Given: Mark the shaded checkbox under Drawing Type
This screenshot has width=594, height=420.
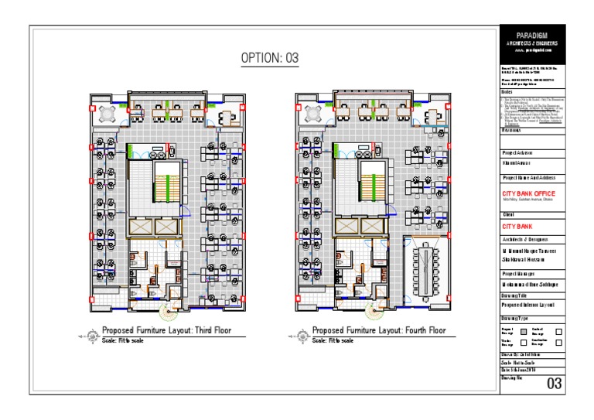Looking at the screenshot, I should pos(524,330).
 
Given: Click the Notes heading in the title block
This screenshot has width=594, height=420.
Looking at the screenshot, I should pos(507,92).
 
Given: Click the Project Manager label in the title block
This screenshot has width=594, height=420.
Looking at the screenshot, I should pos(517,273).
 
